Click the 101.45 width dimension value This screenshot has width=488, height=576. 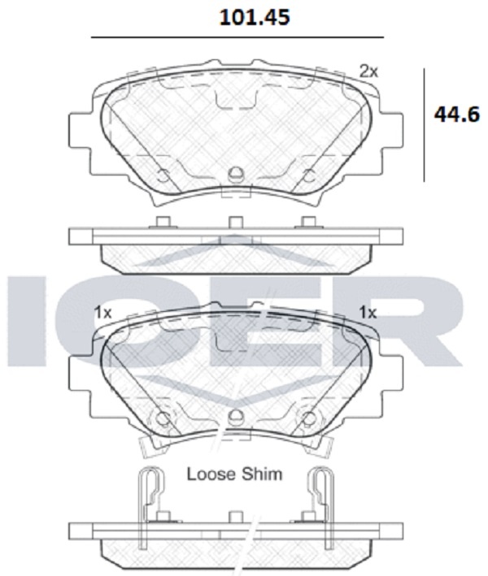pyautogui.click(x=255, y=17)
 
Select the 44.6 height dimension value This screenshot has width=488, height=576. pyautogui.click(x=457, y=115)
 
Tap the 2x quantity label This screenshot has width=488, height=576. pyautogui.click(x=368, y=71)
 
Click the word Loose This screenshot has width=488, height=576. pyautogui.click(x=211, y=474)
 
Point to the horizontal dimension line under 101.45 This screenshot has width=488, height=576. pyautogui.click(x=237, y=37)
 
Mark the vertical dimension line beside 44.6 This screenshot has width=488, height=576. pyautogui.click(x=425, y=125)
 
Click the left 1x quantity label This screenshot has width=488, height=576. pyautogui.click(x=102, y=313)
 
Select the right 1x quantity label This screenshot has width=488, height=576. pyautogui.click(x=368, y=313)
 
